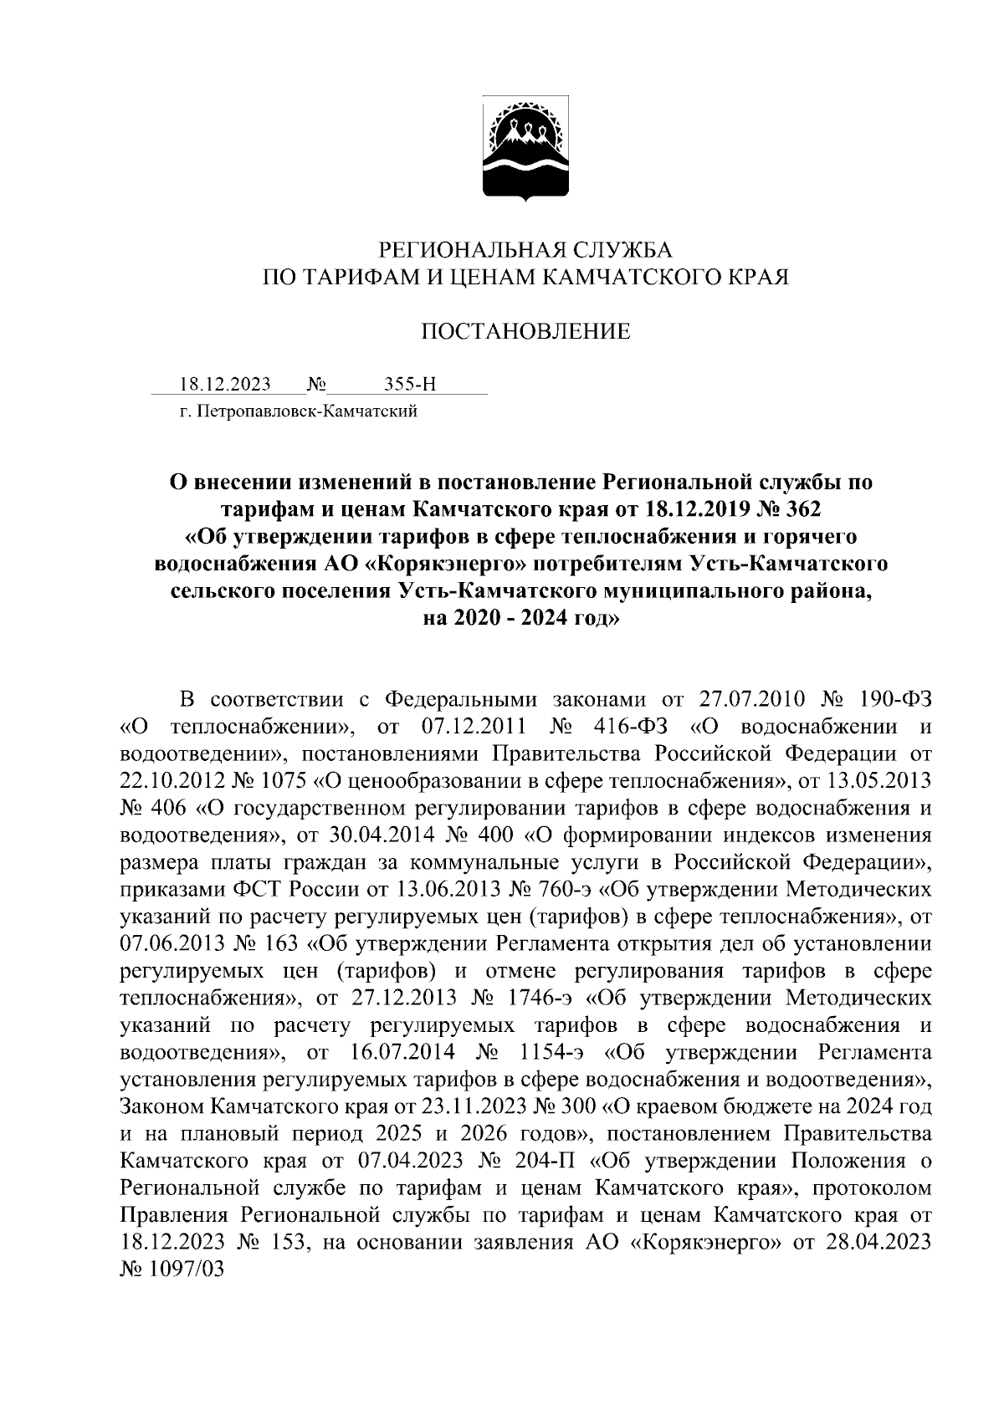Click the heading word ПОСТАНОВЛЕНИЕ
525,332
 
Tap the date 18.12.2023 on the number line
226,385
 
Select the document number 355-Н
410,385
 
